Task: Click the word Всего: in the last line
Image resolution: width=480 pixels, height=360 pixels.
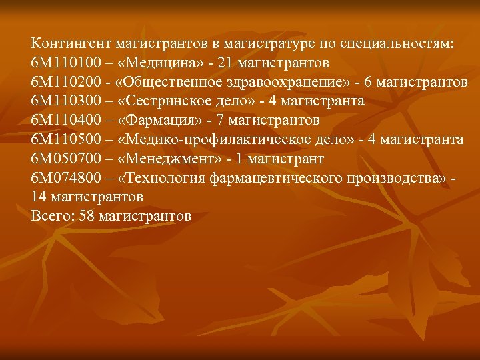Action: tap(52, 217)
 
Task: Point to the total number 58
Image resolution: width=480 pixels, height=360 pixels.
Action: tap(87, 217)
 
